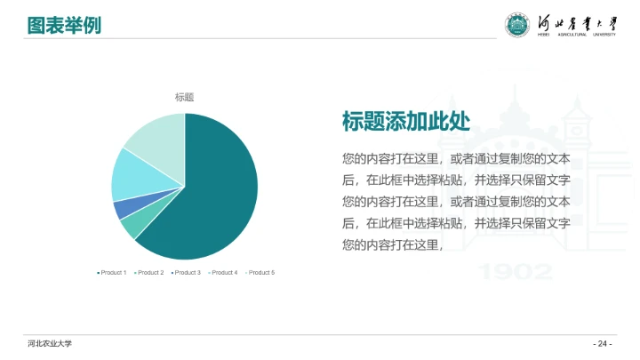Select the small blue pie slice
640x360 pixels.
tap(120, 210)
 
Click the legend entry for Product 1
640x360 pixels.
tap(112, 272)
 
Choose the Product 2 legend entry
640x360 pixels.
tap(149, 272)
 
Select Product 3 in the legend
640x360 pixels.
tap(186, 272)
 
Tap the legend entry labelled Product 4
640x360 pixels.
tap(223, 272)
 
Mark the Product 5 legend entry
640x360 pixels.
tap(260, 272)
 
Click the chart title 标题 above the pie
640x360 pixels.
tap(184, 98)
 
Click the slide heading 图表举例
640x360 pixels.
tap(63, 26)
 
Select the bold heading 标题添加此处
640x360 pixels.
tap(405, 122)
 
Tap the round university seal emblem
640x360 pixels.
tap(516, 27)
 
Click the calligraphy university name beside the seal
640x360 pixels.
tap(579, 24)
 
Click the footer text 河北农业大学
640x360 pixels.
tap(50, 344)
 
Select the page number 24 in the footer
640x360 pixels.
tap(603, 344)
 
